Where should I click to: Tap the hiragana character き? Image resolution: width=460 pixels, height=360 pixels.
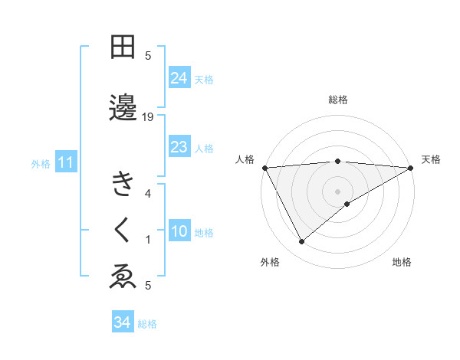pos(123,185)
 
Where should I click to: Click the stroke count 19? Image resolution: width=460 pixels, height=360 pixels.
pos(149,116)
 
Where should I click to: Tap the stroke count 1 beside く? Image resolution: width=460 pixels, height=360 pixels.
pos(149,240)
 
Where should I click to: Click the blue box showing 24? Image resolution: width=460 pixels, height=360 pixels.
pos(179,78)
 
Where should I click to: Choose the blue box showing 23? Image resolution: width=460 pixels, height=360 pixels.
pos(179,147)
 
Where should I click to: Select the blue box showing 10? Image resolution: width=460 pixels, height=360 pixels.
pos(179,231)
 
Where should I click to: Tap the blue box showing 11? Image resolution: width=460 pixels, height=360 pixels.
pos(66,162)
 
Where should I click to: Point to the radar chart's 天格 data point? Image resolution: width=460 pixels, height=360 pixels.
pos(411,168)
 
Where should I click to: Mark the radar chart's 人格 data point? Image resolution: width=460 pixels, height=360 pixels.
pos(264,168)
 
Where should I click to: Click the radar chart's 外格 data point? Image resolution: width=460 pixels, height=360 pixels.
pos(301,242)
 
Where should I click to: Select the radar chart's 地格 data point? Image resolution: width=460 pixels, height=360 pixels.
pos(347,204)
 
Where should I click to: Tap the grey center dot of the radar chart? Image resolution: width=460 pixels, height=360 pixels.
pos(337,190)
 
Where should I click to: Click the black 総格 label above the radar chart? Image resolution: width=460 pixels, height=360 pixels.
pos(337,100)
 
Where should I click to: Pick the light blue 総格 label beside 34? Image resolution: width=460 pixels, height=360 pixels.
pos(147,324)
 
